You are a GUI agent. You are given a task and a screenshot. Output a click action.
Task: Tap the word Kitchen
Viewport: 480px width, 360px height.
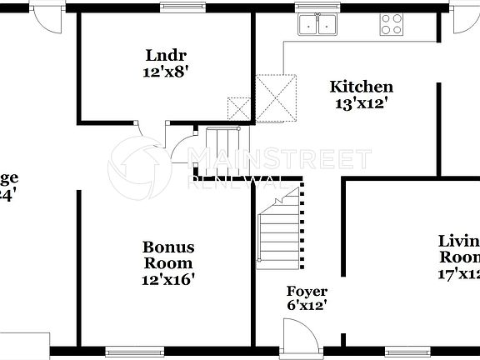click(362, 87)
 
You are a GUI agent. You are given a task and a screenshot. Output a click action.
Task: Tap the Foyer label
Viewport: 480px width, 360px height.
click(307, 292)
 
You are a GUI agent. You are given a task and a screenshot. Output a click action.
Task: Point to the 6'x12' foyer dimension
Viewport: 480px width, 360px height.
click(307, 306)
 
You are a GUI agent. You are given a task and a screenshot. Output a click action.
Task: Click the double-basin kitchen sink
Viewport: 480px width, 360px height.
click(317, 24)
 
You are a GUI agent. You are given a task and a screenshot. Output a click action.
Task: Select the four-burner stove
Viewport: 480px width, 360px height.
click(392, 24)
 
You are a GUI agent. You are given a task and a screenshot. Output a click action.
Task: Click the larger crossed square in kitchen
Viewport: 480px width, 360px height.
click(276, 97)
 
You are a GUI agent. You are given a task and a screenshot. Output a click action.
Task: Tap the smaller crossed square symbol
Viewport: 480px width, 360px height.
click(238, 107)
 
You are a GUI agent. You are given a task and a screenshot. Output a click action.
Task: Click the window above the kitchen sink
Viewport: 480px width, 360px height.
click(317, 7)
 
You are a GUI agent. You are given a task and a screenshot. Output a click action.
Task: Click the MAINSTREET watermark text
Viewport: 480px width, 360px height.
click(282, 159)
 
